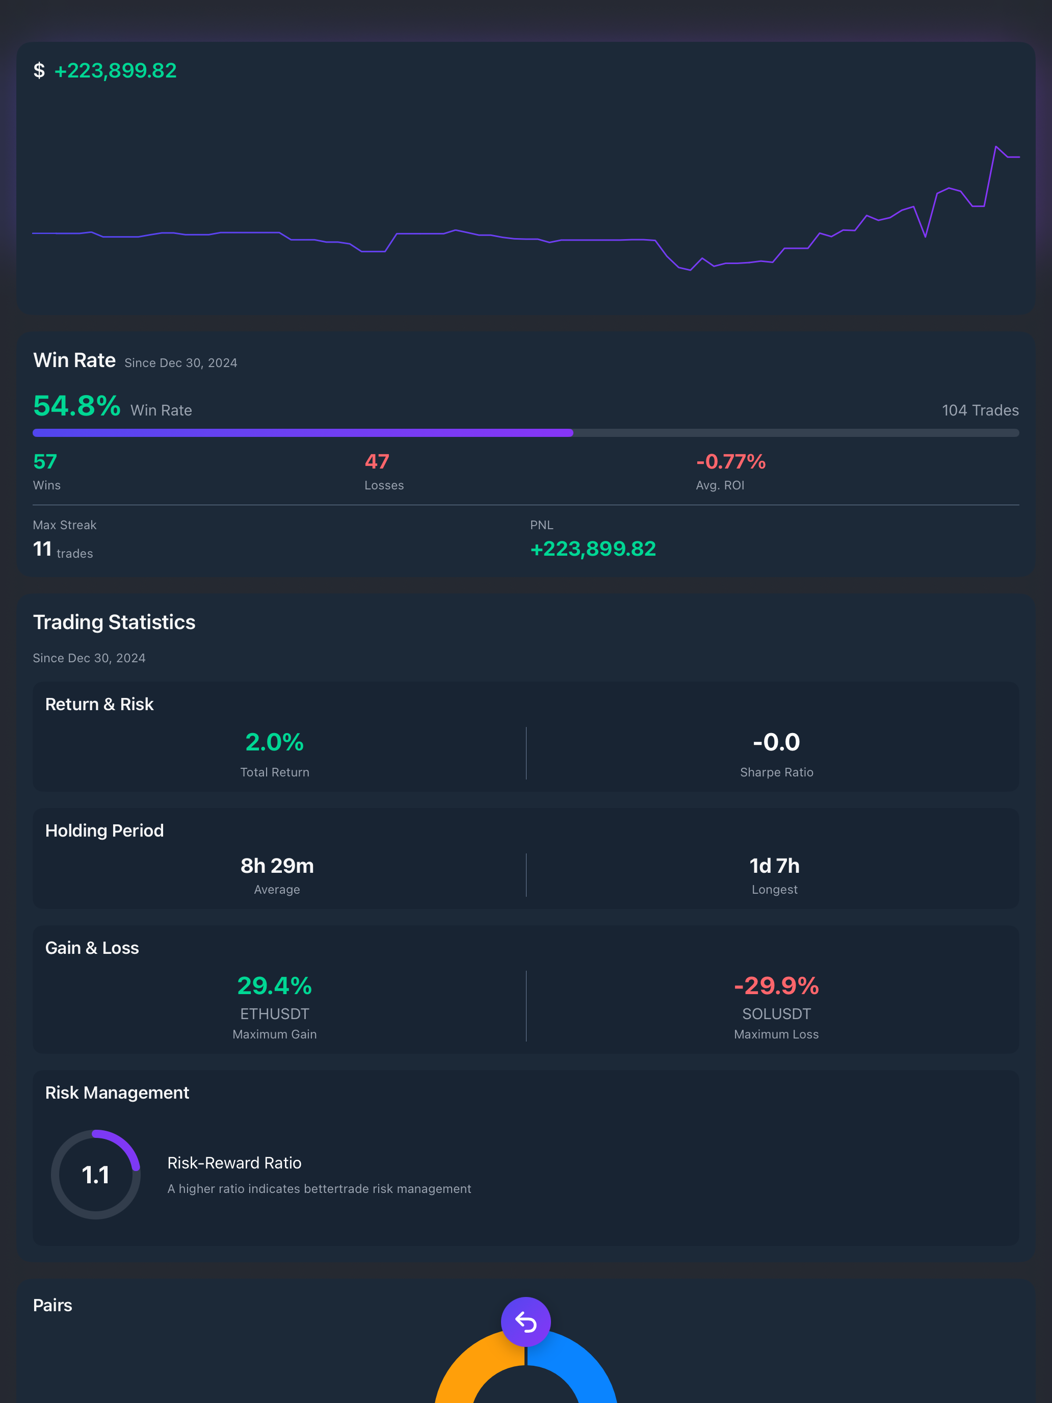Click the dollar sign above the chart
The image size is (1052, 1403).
pos(39,70)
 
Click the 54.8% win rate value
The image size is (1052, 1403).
pos(77,406)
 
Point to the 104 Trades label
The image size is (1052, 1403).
pos(980,410)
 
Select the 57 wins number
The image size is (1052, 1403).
pos(45,462)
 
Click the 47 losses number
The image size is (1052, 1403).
pos(377,462)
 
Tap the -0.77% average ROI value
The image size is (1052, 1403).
pos(731,462)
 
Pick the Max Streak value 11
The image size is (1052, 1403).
pos(42,549)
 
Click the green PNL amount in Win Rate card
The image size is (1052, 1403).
pos(593,549)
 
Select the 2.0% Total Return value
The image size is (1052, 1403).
pos(275,742)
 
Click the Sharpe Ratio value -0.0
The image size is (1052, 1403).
pos(776,742)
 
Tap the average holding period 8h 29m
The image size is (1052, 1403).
pos(277,866)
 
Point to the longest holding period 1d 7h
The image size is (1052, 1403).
pos(774,866)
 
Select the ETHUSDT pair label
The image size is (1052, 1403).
pos(275,1014)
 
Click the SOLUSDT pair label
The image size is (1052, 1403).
pos(776,1014)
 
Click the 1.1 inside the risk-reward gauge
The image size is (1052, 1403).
pos(96,1175)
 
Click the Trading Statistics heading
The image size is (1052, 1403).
pos(114,622)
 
